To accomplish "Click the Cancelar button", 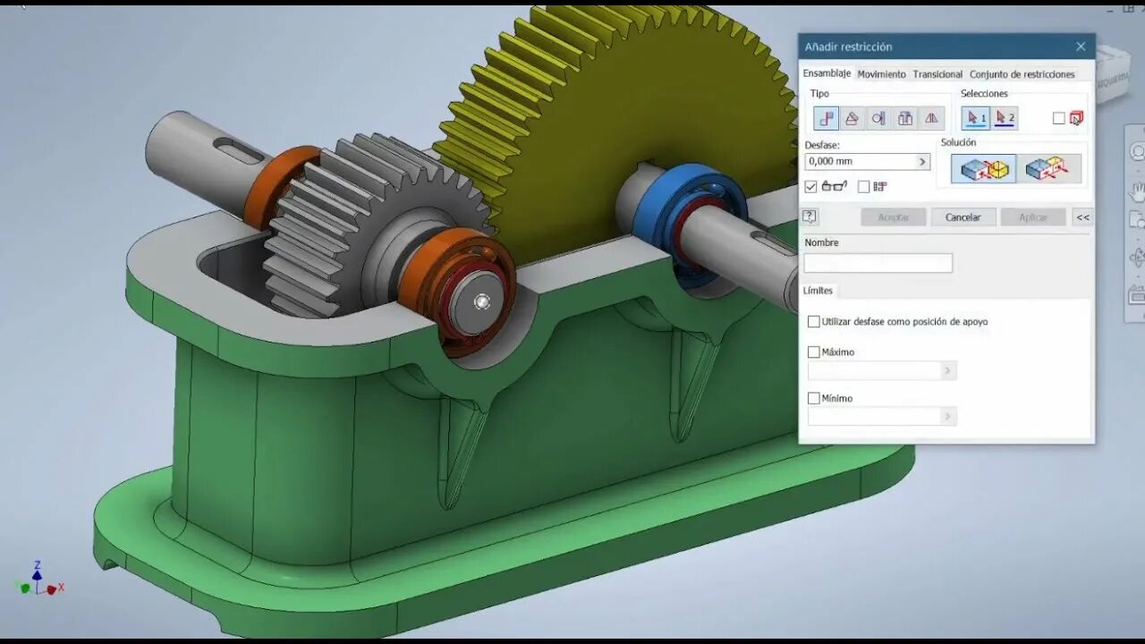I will click(963, 217).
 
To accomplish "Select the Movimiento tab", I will click(881, 74).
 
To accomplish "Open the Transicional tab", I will click(937, 74).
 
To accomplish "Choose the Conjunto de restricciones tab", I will click(1022, 74).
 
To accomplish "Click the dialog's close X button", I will click(1081, 47).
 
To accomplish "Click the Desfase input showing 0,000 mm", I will click(861, 162).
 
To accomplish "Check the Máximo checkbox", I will click(814, 352).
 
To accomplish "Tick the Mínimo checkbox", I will click(814, 399).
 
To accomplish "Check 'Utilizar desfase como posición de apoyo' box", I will click(814, 322).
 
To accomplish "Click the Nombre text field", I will click(878, 263).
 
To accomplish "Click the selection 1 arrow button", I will click(976, 118).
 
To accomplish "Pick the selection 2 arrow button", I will click(1005, 118).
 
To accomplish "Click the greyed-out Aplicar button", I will click(1032, 217).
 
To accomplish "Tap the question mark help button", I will click(810, 216).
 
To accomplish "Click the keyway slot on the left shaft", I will click(239, 151).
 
